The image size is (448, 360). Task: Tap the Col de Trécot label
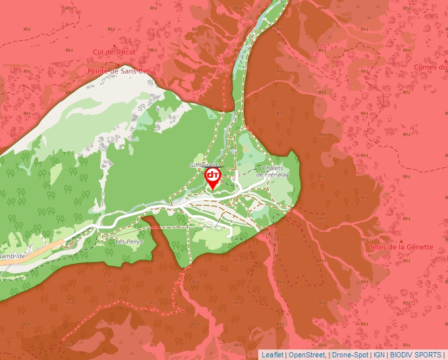(x=114, y=52)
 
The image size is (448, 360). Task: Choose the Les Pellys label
(x=128, y=242)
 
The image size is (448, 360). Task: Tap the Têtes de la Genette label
(x=402, y=247)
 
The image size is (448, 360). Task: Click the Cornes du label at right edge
(x=431, y=66)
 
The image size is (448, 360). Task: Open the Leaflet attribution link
(x=272, y=355)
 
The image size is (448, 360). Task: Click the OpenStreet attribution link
(x=307, y=355)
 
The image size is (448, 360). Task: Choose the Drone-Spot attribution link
(x=350, y=355)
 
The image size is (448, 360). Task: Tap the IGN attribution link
(x=379, y=355)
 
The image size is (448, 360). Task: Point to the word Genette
(x=420, y=247)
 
